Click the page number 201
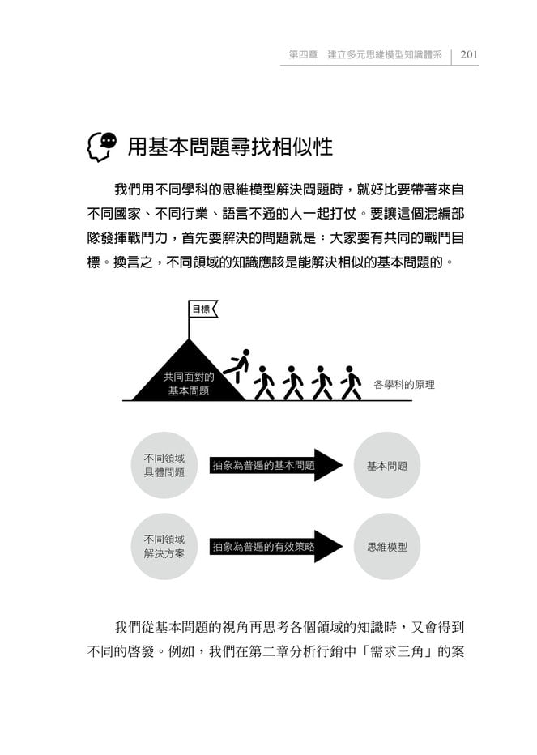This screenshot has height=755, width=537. tap(469, 54)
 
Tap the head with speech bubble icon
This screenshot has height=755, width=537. tap(102, 147)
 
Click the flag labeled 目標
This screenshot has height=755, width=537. tap(202, 309)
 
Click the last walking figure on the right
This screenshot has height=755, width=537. tap(351, 383)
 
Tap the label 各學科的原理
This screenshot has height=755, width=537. tap(403, 384)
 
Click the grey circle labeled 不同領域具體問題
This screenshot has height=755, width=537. tap(164, 465)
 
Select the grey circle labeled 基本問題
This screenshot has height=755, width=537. tap(386, 465)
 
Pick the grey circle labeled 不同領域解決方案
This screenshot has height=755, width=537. tap(164, 547)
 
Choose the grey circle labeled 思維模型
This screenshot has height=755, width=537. tap(386, 547)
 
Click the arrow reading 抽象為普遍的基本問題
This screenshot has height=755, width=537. tap(276, 465)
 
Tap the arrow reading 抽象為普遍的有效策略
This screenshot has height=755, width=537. tap(276, 547)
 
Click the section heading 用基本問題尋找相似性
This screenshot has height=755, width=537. tap(230, 147)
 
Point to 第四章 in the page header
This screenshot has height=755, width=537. tap(303, 54)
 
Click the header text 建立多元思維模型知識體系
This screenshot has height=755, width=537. tap(385, 54)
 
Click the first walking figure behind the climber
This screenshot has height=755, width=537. tap(263, 383)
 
